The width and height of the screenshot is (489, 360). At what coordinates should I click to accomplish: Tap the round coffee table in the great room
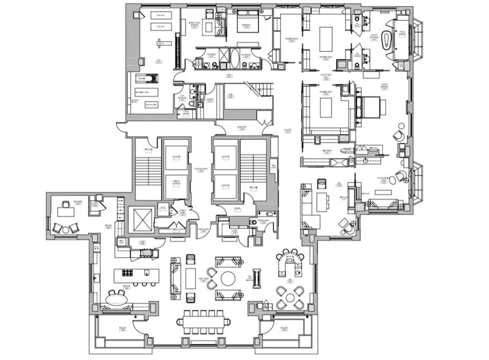tap(228, 278)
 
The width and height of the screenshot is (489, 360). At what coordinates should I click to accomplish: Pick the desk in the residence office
tap(65, 211)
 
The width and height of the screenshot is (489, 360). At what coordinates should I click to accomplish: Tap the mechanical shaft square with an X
tap(142, 220)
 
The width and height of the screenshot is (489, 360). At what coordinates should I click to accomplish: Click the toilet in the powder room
tap(253, 222)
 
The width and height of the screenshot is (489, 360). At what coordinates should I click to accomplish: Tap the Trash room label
tap(163, 207)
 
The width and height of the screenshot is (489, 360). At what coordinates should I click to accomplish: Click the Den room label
tap(339, 185)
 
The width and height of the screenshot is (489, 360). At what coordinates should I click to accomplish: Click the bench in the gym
tap(160, 43)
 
